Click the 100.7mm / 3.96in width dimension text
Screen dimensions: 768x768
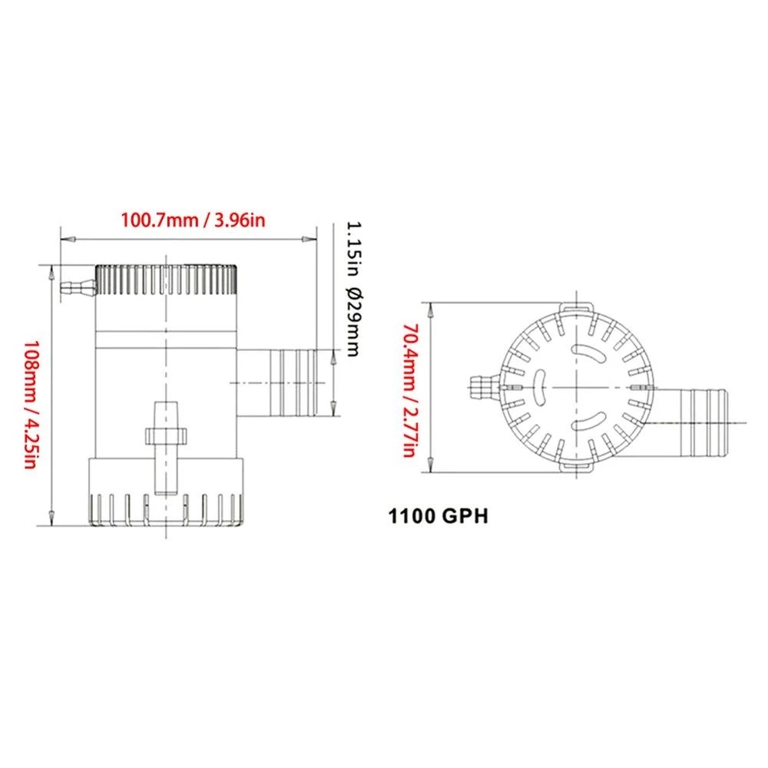[x=193, y=220]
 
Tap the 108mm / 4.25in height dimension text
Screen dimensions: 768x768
[x=31, y=404]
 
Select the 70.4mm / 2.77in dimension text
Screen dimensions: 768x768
[x=409, y=390]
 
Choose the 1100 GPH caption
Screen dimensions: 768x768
[x=439, y=516]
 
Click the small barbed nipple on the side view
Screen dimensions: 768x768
[x=78, y=287]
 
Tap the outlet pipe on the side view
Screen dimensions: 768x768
[x=276, y=382]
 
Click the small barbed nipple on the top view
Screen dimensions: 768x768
[x=483, y=387]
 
